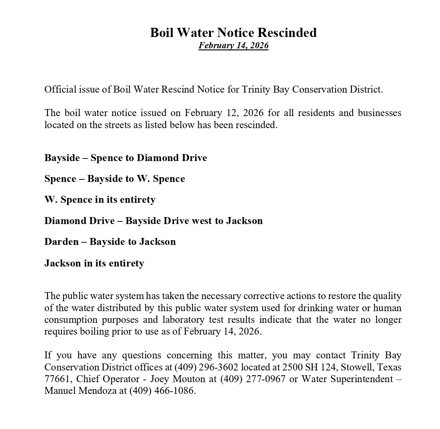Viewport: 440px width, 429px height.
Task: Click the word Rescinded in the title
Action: click(x=287, y=33)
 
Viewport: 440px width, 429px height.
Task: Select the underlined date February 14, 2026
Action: click(x=234, y=45)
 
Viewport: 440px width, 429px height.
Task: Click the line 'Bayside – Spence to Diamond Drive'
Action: click(x=125, y=158)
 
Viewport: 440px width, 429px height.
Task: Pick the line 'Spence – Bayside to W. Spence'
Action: click(x=114, y=179)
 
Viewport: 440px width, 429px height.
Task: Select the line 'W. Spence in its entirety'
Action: click(x=100, y=199)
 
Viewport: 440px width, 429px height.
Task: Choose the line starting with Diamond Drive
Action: click(x=153, y=221)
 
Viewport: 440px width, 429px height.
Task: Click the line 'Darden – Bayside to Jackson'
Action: click(x=110, y=242)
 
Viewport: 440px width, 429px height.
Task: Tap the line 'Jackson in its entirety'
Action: click(x=94, y=263)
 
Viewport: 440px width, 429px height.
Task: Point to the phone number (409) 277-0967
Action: click(x=253, y=379)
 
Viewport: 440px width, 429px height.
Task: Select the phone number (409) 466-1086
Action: click(x=162, y=391)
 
